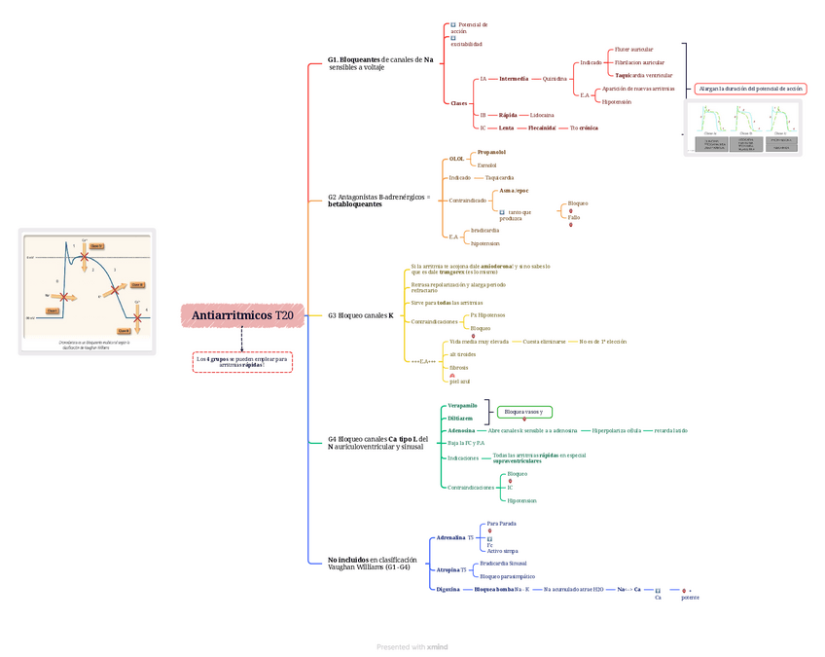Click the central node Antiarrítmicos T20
click(242, 315)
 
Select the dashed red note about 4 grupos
click(242, 362)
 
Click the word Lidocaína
click(542, 115)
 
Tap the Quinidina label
click(555, 79)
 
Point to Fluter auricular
click(633, 50)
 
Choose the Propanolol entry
click(491, 153)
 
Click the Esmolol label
click(486, 165)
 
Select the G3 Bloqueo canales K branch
click(360, 315)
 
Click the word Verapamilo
click(462, 405)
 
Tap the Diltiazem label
click(460, 418)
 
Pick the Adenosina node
click(461, 430)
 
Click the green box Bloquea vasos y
click(523, 412)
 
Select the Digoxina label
click(448, 589)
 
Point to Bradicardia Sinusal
click(503, 564)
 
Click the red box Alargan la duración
click(751, 89)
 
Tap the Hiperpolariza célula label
click(616, 430)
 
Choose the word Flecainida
click(542, 128)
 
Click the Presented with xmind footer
click(412, 646)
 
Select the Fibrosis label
click(458, 368)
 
